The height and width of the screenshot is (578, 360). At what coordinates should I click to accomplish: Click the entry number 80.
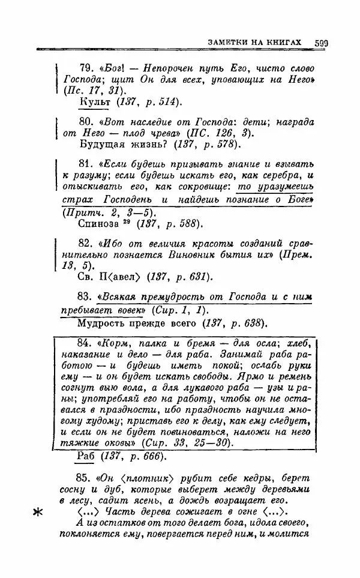tap(87, 121)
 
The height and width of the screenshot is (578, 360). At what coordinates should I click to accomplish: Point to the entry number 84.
tap(88, 343)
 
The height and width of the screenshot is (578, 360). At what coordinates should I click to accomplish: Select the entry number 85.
tap(87, 478)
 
